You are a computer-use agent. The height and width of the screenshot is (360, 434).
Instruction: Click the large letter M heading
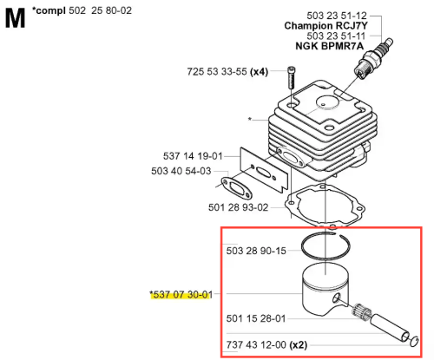[15, 18]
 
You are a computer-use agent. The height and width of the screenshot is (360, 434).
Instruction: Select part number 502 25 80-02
[100, 10]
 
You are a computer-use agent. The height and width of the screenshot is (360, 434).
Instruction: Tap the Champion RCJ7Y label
[325, 26]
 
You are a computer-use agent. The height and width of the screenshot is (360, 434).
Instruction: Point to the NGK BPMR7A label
[329, 46]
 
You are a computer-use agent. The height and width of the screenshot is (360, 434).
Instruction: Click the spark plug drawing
[373, 58]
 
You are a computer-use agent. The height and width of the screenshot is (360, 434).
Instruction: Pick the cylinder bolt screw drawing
[291, 77]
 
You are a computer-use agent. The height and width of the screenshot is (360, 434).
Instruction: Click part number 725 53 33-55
[217, 72]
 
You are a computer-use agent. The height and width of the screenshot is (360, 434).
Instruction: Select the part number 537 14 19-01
[193, 156]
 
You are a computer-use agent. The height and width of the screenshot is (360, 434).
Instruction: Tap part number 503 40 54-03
[181, 171]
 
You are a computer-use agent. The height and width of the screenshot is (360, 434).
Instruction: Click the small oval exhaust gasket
[236, 189]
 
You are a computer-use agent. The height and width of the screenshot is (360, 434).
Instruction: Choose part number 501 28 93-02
[238, 207]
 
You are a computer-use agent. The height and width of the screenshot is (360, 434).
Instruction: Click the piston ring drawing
[325, 233]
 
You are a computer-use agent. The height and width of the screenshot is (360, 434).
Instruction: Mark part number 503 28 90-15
[256, 251]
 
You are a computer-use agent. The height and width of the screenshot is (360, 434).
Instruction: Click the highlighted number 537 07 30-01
[181, 295]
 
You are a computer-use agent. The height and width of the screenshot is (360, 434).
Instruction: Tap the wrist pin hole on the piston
[336, 298]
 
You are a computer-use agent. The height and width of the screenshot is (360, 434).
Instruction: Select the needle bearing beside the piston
[361, 311]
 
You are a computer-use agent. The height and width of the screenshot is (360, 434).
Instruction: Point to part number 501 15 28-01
[256, 318]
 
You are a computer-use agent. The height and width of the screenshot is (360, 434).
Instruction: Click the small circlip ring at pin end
[414, 342]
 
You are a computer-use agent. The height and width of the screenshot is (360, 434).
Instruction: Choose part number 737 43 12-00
[256, 344]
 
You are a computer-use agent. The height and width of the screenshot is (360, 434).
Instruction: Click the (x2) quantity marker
[299, 344]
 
